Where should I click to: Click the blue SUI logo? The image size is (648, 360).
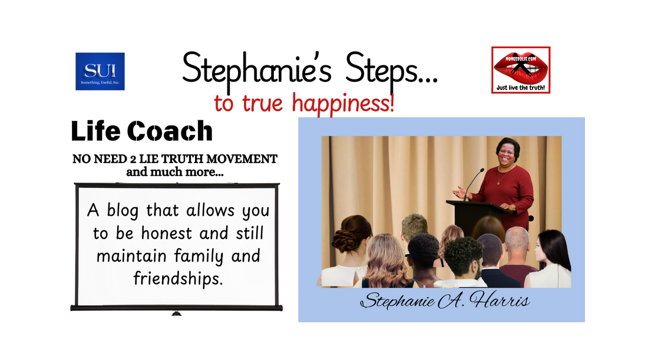tap(100, 71)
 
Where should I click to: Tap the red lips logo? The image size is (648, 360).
tap(521, 66)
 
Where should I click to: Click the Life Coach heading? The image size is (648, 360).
tap(141, 131)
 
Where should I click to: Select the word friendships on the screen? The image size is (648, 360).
tap(178, 278)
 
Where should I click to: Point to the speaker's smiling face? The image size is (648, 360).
tap(508, 154)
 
